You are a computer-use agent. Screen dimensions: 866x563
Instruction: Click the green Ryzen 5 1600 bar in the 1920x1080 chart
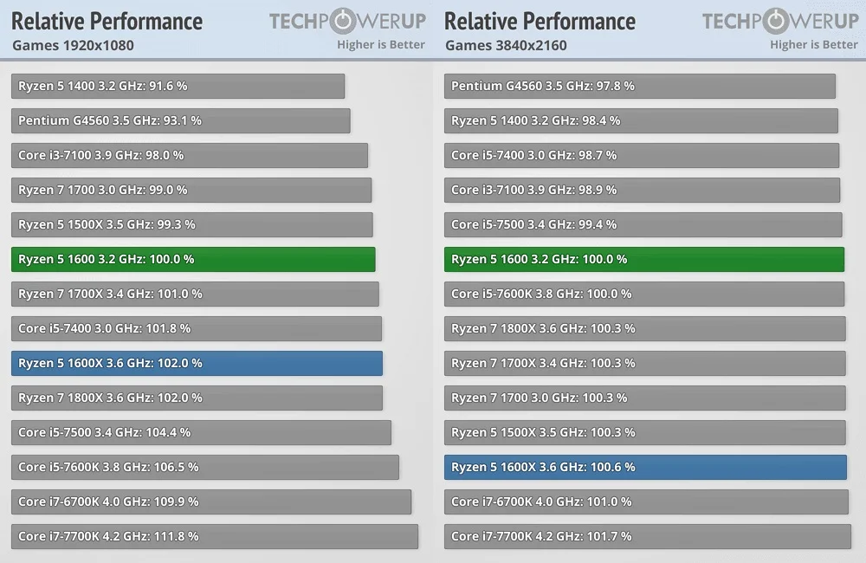[193, 259]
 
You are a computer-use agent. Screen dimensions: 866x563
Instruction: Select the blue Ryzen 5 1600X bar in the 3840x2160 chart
[645, 467]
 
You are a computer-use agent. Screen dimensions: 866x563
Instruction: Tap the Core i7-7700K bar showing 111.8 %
[214, 536]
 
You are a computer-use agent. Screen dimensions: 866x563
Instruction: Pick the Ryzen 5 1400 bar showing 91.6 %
[178, 87]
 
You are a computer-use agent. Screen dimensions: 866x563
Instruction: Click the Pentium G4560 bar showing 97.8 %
[640, 87]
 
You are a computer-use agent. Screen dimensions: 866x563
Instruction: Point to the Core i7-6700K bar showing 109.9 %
[211, 502]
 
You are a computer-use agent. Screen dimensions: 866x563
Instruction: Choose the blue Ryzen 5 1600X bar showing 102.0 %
[197, 363]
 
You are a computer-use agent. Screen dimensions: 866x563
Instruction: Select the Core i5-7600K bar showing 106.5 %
[205, 467]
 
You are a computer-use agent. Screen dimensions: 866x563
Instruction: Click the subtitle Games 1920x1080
[73, 45]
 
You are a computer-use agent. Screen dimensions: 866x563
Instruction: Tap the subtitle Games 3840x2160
[506, 45]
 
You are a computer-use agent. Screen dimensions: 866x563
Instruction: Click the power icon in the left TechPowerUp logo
[343, 21]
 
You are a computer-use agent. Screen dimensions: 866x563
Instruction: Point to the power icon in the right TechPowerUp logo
[776, 21]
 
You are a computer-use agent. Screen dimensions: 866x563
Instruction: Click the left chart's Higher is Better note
[381, 45]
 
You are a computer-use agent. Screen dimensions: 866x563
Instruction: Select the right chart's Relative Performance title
[540, 22]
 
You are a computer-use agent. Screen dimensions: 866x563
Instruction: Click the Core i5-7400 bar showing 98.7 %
[642, 155]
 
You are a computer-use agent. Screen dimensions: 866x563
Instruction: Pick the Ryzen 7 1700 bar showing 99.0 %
[191, 190]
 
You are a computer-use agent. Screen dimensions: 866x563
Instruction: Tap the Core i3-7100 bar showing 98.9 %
[642, 190]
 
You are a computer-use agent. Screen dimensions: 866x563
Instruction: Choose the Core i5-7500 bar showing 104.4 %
[201, 432]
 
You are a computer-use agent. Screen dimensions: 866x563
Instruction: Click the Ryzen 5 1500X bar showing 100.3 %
[644, 432]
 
